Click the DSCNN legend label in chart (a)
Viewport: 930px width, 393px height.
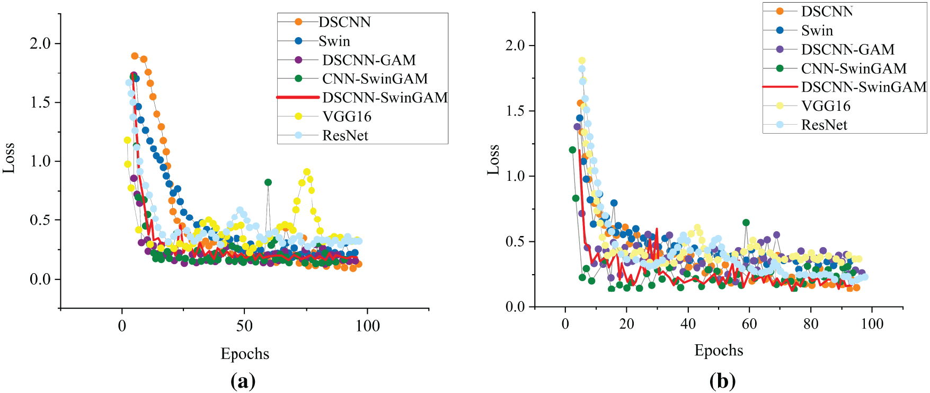(344, 22)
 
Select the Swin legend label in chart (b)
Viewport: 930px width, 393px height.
(817, 31)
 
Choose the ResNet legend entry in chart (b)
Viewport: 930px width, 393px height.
(824, 125)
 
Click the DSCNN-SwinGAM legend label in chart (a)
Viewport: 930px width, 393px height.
(385, 98)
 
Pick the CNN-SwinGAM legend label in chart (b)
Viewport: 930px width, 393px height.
(853, 68)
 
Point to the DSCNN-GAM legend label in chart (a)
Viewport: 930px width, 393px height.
(369, 60)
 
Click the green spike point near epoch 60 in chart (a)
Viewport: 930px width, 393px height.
(268, 182)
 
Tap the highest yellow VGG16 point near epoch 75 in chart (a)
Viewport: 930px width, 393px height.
(307, 172)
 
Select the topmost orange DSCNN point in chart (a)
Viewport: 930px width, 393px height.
(135, 56)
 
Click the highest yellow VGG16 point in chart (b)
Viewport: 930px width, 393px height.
(582, 60)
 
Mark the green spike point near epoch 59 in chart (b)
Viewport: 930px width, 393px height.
(746, 223)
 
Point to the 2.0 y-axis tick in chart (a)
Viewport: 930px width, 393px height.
(40, 43)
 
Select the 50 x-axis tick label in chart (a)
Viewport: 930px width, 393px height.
(244, 326)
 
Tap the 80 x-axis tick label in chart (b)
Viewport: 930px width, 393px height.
(811, 324)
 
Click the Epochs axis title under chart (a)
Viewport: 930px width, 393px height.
(245, 354)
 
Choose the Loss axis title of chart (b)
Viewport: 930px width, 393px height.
(493, 159)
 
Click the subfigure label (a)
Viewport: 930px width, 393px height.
(243, 381)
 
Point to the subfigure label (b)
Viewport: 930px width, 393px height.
(722, 381)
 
